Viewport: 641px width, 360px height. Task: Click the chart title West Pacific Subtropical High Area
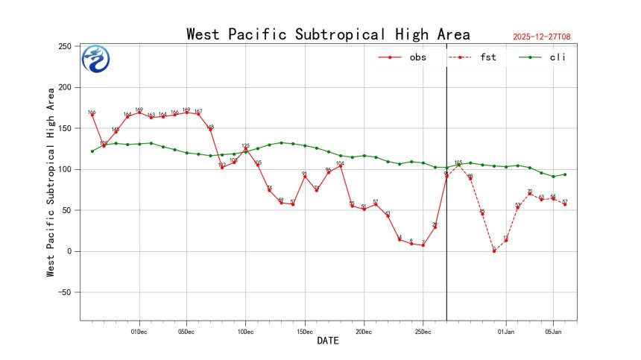(x=328, y=34)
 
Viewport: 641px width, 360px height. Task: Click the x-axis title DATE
(x=328, y=341)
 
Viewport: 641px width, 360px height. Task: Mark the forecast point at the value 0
(x=493, y=251)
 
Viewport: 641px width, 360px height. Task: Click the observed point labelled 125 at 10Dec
(x=245, y=149)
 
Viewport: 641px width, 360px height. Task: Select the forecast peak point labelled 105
(x=458, y=165)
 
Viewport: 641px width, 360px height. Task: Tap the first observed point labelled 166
(x=92, y=115)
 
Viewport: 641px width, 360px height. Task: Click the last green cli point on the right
(x=565, y=174)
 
